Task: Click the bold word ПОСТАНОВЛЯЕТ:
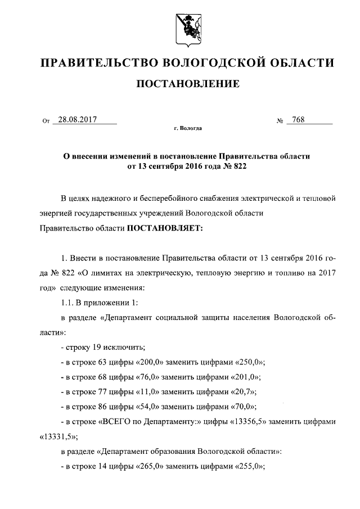161,228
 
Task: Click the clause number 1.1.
67,303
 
